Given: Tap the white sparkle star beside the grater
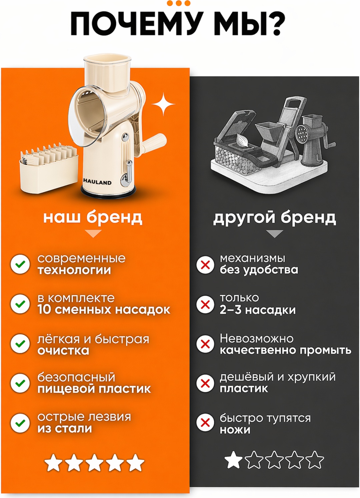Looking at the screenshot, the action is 163,104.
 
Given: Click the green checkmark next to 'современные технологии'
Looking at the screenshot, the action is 20,264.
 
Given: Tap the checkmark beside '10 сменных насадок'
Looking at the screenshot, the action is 20,304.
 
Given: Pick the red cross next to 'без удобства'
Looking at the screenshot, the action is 205,265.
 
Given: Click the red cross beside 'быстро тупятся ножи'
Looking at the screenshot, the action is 205,423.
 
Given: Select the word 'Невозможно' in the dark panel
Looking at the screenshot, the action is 257,339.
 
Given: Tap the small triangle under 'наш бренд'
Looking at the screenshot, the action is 93,234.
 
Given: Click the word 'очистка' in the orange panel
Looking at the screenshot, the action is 63,351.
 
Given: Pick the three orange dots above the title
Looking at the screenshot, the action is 179,3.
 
